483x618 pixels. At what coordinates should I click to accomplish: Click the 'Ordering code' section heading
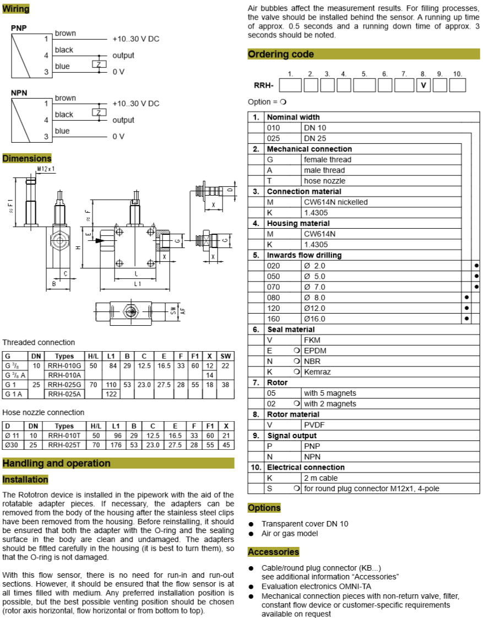[x=281, y=54]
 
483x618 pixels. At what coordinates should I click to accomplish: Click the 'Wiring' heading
[x=16, y=9]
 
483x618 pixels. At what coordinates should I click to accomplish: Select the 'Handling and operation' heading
[x=56, y=463]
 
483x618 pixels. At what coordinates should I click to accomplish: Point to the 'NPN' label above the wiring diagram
[x=19, y=93]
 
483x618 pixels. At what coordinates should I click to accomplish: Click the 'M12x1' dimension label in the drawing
[x=46, y=169]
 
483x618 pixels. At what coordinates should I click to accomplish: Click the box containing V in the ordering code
[x=424, y=85]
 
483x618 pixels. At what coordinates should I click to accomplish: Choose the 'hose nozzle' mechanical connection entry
[x=324, y=181]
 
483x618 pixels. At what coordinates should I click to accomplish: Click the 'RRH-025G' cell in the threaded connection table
[x=64, y=384]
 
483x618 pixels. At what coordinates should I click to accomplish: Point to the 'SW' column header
[x=225, y=356]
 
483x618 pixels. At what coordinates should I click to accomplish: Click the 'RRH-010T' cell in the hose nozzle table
[x=64, y=436]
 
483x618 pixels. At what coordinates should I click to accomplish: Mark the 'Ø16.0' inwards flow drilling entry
[x=314, y=319]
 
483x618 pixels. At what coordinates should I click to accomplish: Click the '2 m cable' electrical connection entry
[x=321, y=478]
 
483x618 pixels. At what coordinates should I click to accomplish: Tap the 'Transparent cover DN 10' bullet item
[x=305, y=524]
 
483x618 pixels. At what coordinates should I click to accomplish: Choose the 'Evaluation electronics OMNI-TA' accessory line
[x=317, y=587]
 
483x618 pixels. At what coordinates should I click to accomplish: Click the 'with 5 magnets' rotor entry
[x=329, y=393]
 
